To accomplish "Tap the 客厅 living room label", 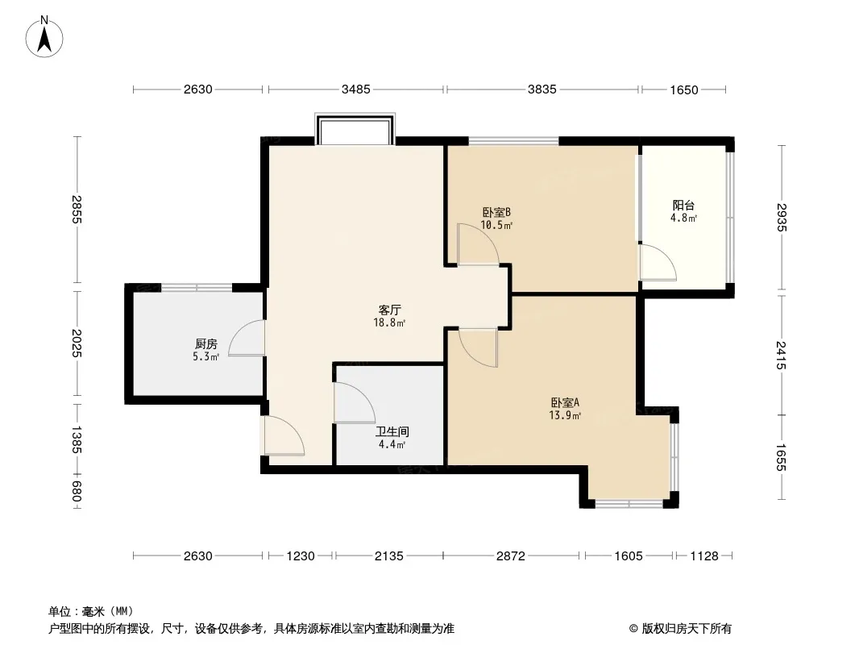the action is (x=389, y=310).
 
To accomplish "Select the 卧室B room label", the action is (x=497, y=212).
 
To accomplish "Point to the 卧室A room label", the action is (x=565, y=402).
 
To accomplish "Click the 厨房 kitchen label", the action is (x=206, y=344).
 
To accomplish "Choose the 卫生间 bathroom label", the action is (x=392, y=432).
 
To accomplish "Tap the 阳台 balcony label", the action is (x=683, y=206).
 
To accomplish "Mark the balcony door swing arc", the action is (x=667, y=255).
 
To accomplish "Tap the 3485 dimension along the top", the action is (x=356, y=89).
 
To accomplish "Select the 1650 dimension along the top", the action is (x=684, y=89).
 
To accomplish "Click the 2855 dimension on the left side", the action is (x=77, y=210).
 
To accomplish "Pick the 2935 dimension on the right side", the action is (x=782, y=218).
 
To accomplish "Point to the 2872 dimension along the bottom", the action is (x=511, y=556).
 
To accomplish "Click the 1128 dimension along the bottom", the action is (x=704, y=556).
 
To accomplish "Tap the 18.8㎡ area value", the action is (x=389, y=322).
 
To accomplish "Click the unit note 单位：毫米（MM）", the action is (x=91, y=611).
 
